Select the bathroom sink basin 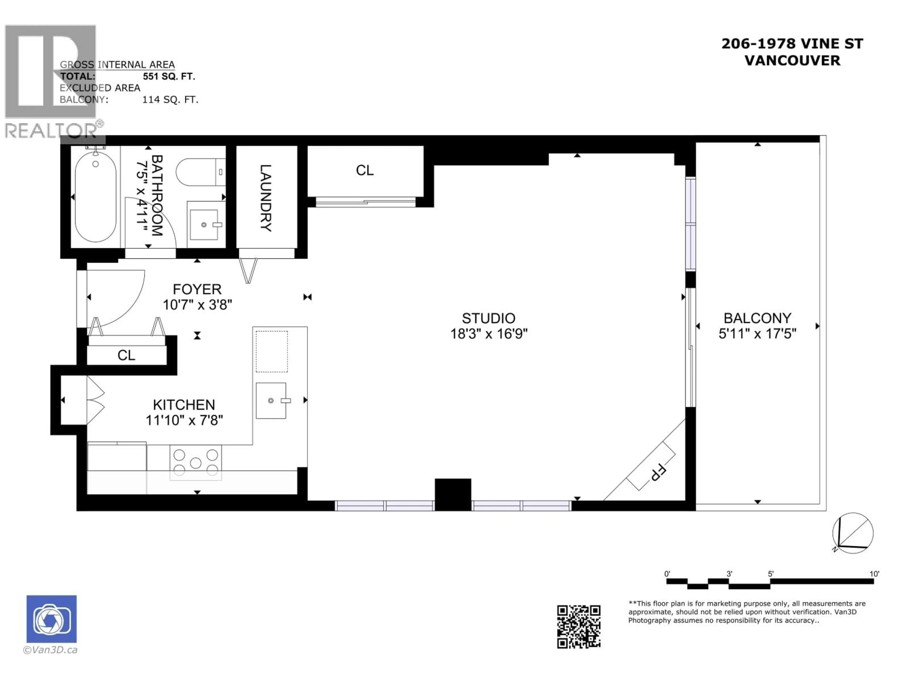[x=204, y=225]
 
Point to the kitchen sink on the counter [x=271, y=401]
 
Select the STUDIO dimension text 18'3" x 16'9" [x=489, y=334]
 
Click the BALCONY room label [x=757, y=318]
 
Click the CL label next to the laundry [x=365, y=170]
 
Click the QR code [x=578, y=626]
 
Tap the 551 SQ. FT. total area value [x=169, y=76]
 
